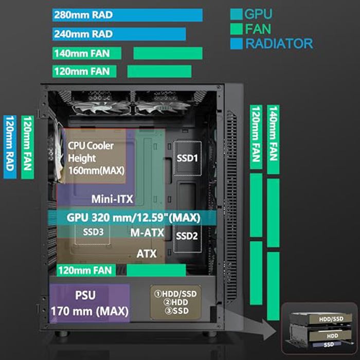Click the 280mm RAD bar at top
(x=127, y=15)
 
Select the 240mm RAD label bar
(x=119, y=34)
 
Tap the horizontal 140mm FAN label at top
(x=87, y=53)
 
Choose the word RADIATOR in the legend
(x=279, y=43)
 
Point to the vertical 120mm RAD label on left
(x=10, y=147)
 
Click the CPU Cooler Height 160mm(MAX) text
(x=93, y=157)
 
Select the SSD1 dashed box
(x=187, y=158)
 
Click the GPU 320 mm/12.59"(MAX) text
(x=133, y=217)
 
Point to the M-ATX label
(x=147, y=233)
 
